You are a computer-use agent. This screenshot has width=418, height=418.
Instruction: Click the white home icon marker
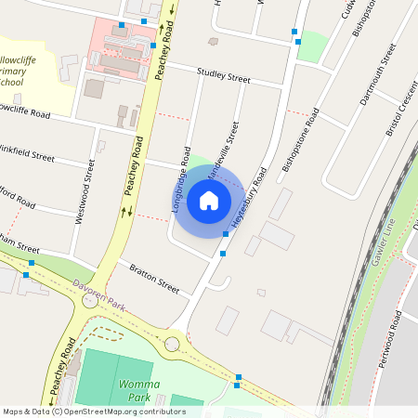pyautogui.click(x=209, y=200)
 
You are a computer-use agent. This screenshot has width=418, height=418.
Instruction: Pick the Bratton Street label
pyautogui.click(x=154, y=278)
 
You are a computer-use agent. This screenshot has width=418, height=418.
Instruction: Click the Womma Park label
pyautogui.click(x=137, y=390)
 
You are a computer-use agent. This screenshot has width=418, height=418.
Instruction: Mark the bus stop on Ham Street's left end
pyautogui.click(x=31, y=264)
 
